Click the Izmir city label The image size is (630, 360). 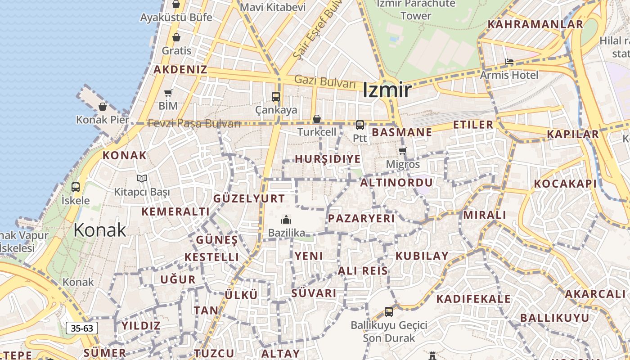coord(387,90)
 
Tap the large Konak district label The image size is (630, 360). coord(99,230)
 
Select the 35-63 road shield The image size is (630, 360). coord(82,328)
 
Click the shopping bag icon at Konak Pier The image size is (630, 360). coord(103,107)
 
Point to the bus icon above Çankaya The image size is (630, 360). coord(276,96)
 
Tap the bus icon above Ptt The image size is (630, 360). coord(360,125)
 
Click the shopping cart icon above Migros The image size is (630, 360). coord(402,151)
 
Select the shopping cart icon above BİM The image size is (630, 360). coord(168,93)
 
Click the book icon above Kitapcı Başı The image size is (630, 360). coord(142,179)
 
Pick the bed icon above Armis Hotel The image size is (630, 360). coord(509,62)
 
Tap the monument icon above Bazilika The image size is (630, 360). coord(286,220)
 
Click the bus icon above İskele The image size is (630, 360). coord(76,187)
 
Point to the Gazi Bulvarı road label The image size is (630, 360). coord(325,82)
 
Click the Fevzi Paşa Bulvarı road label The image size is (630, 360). coord(194,123)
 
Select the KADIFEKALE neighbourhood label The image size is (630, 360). coord(473,299)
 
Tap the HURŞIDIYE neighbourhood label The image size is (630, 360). coord(328,159)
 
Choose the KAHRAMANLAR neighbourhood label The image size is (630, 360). coord(535,24)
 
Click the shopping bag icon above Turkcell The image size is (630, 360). coord(317,119)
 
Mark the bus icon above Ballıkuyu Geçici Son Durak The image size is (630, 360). coord(389,311)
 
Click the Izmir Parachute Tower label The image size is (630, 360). coord(415,9)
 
